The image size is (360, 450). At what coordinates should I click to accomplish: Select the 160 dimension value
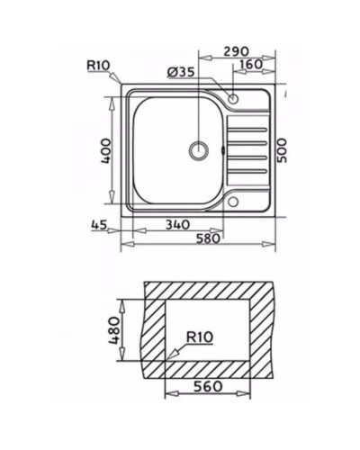click(251, 64)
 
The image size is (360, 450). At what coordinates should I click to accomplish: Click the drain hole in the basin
click(197, 149)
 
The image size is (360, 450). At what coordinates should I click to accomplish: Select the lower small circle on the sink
click(233, 202)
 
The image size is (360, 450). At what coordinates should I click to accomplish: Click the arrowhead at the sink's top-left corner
click(121, 85)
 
